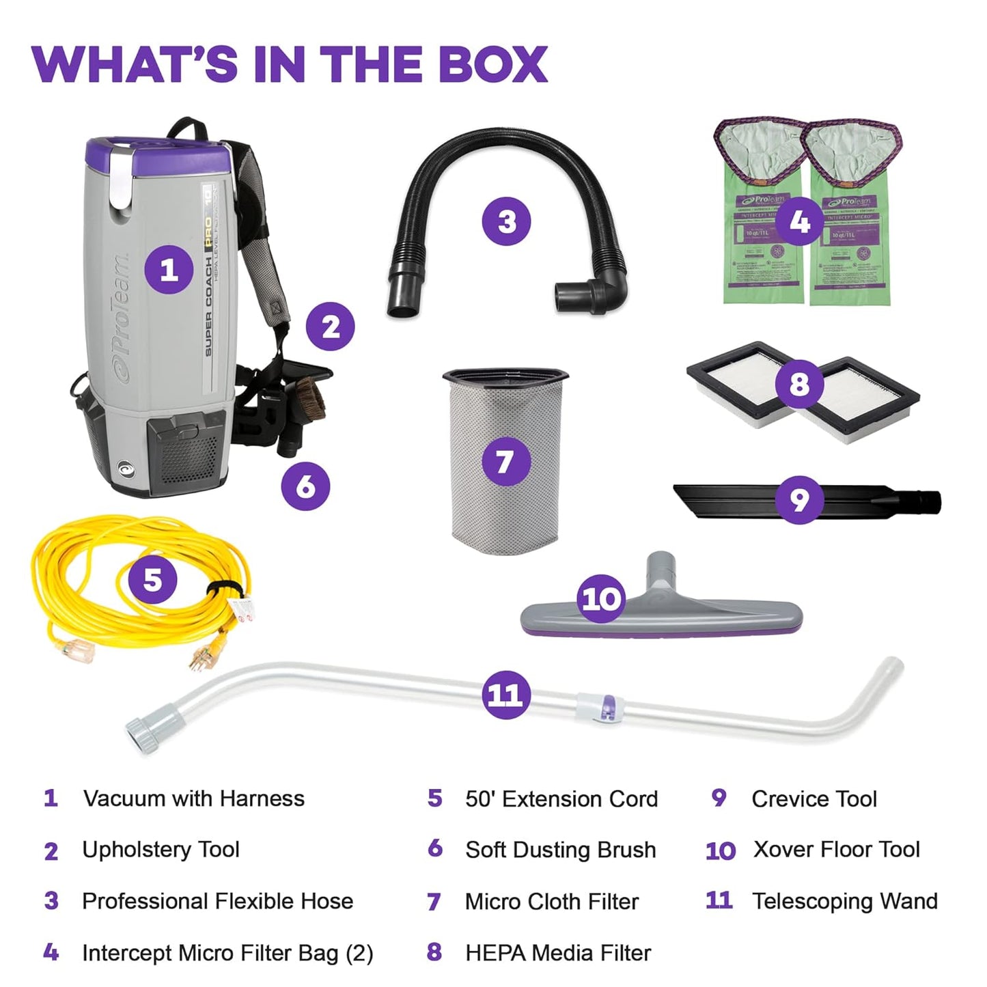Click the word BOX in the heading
pyautogui.click(x=492, y=65)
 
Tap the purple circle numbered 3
pyautogui.click(x=506, y=221)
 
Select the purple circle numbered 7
pyautogui.click(x=505, y=462)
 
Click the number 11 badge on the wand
pyautogui.click(x=505, y=695)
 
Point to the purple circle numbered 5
pyautogui.click(x=152, y=580)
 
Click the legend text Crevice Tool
pyautogui.click(x=814, y=798)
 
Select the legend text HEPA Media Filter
pyautogui.click(x=557, y=953)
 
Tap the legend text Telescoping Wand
pyautogui.click(x=844, y=901)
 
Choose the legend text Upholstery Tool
pyautogui.click(x=161, y=849)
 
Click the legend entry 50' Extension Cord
pyautogui.click(x=561, y=798)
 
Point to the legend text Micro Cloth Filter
pyautogui.click(x=551, y=902)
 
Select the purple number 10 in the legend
pyautogui.click(x=720, y=851)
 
